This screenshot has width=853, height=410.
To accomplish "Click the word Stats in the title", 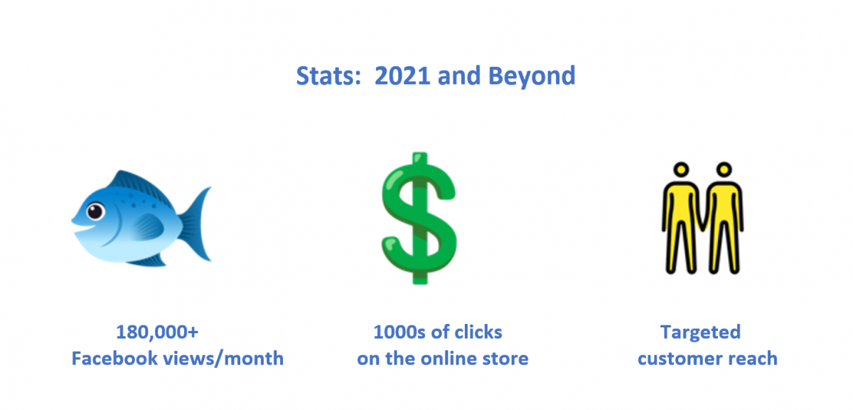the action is [x=328, y=75].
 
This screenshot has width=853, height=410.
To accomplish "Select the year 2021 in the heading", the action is [x=402, y=75].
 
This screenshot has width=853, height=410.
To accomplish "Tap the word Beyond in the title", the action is [x=532, y=78].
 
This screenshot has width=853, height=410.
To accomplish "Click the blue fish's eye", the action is [x=95, y=211].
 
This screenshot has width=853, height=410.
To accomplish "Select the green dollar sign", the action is [x=419, y=218].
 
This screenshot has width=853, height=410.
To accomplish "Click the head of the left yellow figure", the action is [x=681, y=169].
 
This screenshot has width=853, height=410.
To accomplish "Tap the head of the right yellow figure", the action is [x=724, y=169].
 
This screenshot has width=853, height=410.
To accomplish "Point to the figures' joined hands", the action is [x=702, y=225].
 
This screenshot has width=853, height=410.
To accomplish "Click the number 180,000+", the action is [x=157, y=332].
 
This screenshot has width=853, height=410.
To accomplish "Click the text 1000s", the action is [x=399, y=332].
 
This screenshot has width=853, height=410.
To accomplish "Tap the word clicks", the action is [x=478, y=332].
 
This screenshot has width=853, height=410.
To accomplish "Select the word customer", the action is [x=680, y=359].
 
